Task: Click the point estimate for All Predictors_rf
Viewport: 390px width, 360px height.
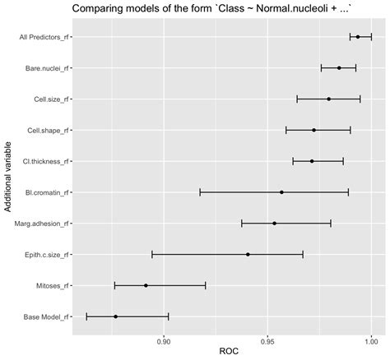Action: click(357, 37)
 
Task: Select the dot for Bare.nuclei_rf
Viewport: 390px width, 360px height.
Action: click(339, 68)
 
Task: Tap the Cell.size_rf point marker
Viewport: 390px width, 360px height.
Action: click(328, 99)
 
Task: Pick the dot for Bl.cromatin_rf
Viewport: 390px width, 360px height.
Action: click(281, 192)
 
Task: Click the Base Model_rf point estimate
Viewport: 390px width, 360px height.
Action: click(115, 316)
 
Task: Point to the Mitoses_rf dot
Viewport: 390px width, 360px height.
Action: click(146, 285)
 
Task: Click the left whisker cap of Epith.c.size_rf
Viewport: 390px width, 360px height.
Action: click(152, 254)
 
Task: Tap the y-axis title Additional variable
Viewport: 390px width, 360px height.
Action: click(7, 177)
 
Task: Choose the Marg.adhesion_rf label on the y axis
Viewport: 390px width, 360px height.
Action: click(44, 223)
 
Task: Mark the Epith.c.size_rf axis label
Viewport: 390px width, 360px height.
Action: click(46, 254)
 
